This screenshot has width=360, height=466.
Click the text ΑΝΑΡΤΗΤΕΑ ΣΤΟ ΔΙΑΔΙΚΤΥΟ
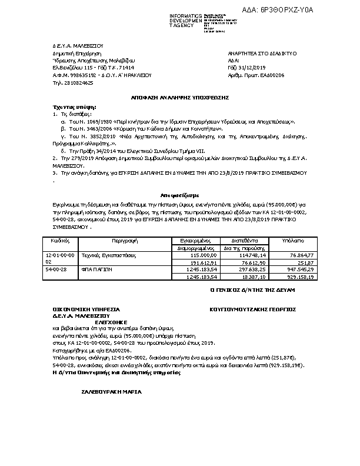[x=262, y=54]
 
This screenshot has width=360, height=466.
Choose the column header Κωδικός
[x=61, y=241]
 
